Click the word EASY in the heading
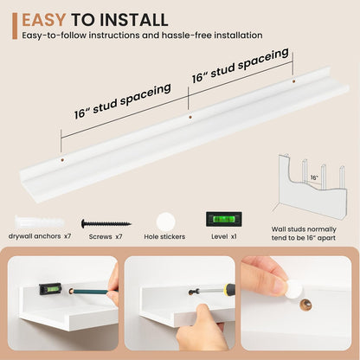click(x=43, y=20)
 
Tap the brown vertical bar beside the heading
click(x=15, y=26)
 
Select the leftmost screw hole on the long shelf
click(x=62, y=159)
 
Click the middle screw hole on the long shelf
click(x=190, y=118)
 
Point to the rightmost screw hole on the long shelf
click(x=293, y=81)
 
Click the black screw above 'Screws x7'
click(x=106, y=223)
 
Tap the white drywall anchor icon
click(x=39, y=222)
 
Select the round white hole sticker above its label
click(x=166, y=222)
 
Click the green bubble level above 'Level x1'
click(x=224, y=219)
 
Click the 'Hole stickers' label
click(x=164, y=237)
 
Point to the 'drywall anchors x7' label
click(x=40, y=236)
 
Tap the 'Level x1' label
click(x=224, y=236)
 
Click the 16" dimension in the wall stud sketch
click(x=314, y=177)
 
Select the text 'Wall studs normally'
click(x=304, y=229)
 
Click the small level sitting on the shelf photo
click(x=50, y=289)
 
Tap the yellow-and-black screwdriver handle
click(x=229, y=290)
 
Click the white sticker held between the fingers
click(x=295, y=288)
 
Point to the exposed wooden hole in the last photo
click(x=305, y=305)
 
